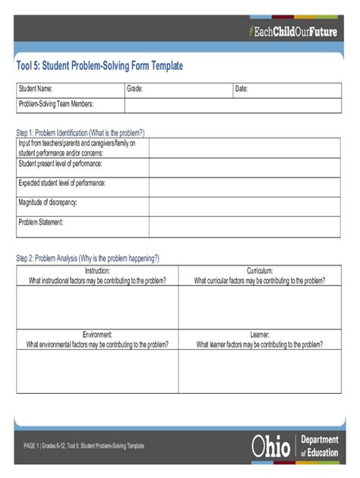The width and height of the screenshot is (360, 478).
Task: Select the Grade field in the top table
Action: click(178, 90)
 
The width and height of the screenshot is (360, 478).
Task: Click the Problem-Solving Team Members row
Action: click(179, 105)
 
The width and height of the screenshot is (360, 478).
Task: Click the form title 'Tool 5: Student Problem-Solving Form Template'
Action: click(99, 66)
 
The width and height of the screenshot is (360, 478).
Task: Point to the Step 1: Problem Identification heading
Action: click(81, 131)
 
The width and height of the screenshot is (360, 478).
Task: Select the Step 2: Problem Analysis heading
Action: click(88, 258)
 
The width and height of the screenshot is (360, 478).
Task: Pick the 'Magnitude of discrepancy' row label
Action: click(48, 203)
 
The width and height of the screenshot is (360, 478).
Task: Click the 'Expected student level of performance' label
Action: click(62, 183)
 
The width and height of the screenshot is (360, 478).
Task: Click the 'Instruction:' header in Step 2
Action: click(97, 271)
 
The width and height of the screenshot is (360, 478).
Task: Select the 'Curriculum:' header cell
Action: click(260, 271)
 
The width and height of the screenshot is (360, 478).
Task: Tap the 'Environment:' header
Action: click(97, 334)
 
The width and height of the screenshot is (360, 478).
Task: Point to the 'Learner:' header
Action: click(260, 334)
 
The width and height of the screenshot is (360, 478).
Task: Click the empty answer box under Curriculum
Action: click(260, 307)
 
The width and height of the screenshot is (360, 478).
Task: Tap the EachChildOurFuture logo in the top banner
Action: click(292, 31)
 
